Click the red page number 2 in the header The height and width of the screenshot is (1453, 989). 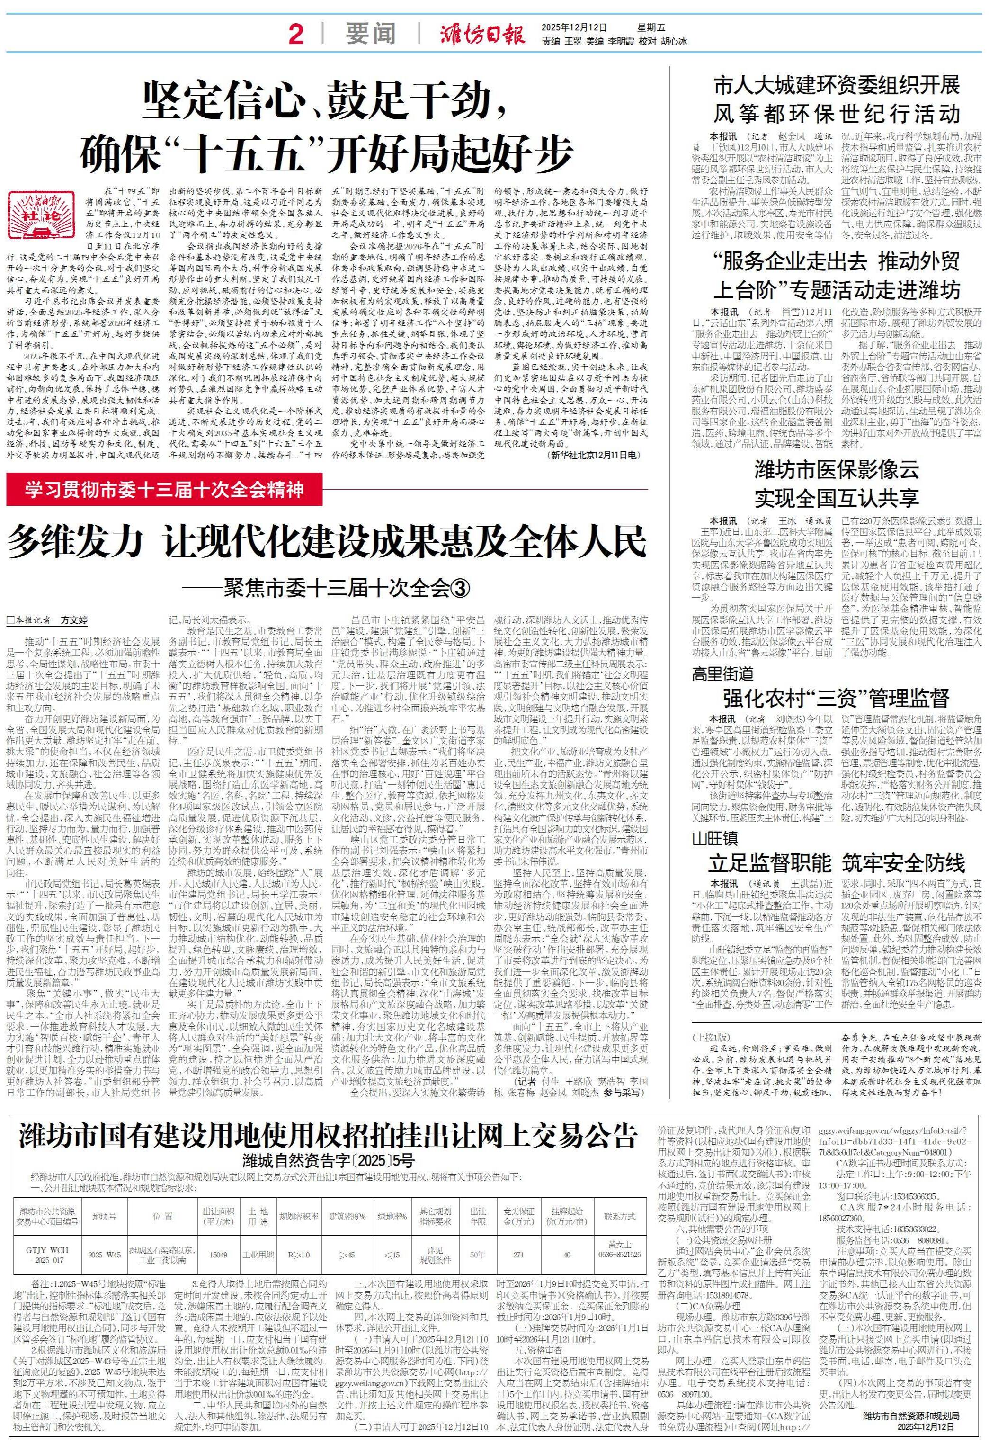pos(296,35)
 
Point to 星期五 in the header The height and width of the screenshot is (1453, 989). pos(634,27)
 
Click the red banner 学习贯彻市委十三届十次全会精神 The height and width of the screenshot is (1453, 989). pos(164,490)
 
